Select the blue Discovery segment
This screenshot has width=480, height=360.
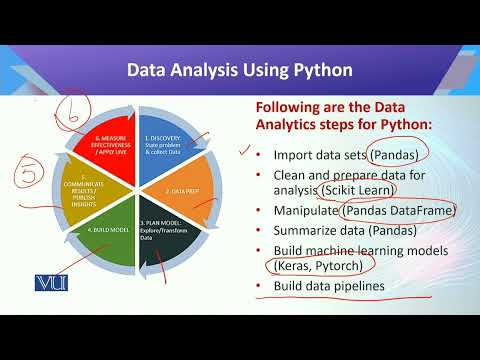click(x=167, y=144)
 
